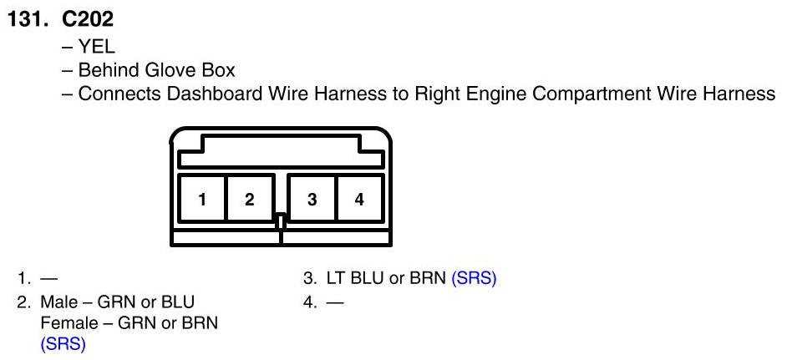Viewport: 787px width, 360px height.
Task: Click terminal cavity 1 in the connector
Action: point(202,199)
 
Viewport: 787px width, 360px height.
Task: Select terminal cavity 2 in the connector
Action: point(249,199)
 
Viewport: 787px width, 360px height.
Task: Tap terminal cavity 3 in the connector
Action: point(312,199)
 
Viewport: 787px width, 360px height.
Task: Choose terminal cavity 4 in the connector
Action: point(359,199)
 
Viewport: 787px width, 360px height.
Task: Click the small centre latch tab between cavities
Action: point(281,222)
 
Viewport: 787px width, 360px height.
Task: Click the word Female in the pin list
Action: point(65,322)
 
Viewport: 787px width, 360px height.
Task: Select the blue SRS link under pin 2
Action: point(63,342)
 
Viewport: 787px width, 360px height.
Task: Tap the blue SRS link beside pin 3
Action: point(474,279)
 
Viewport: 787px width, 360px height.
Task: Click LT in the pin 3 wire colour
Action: point(328,279)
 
